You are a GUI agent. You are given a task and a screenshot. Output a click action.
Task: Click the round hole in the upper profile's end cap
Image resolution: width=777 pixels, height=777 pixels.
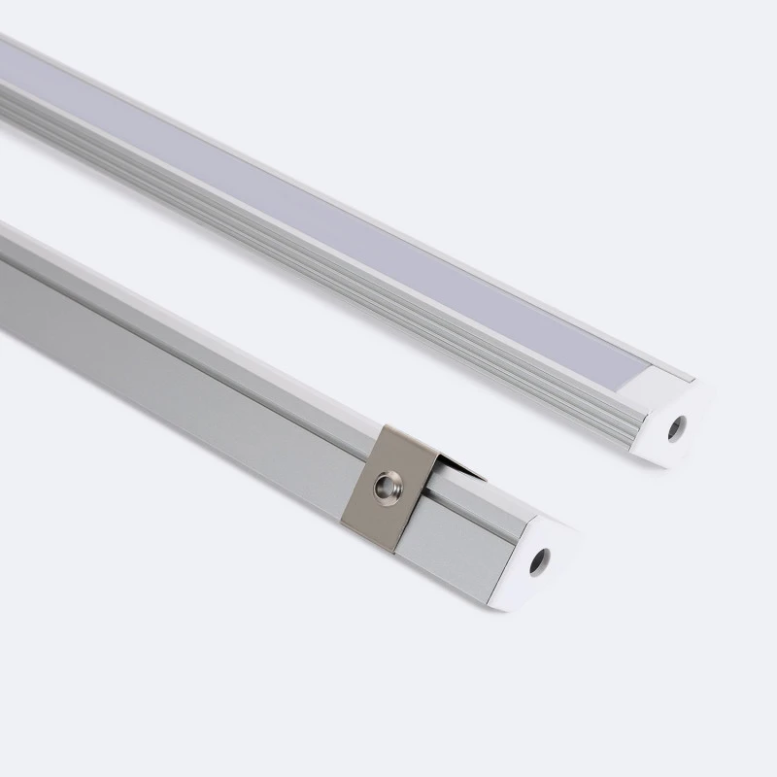[x=676, y=428]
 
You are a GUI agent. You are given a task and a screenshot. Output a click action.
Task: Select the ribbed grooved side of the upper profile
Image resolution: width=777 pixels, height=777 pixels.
[x=291, y=243]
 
